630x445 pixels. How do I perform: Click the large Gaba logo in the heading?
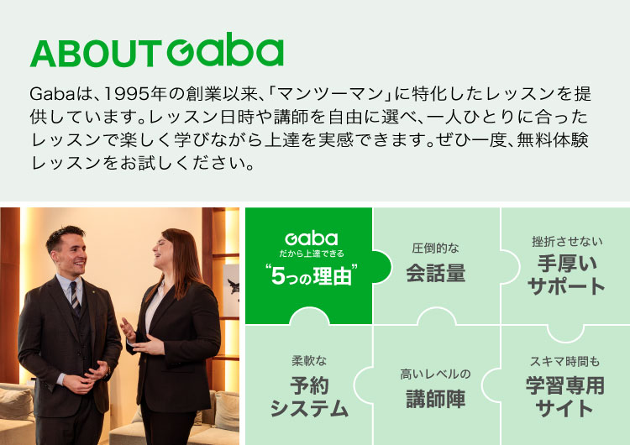point(225,52)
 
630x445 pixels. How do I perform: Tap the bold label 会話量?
point(435,274)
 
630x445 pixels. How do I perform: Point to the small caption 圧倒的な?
point(435,249)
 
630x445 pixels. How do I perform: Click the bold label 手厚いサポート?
point(566,275)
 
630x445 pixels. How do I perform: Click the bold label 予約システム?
point(308,397)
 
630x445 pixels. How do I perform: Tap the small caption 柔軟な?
point(308,361)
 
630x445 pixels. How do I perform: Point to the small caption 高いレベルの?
point(435,374)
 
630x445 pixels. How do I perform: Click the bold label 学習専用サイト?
point(565,397)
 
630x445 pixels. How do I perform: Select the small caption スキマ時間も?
point(565,362)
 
